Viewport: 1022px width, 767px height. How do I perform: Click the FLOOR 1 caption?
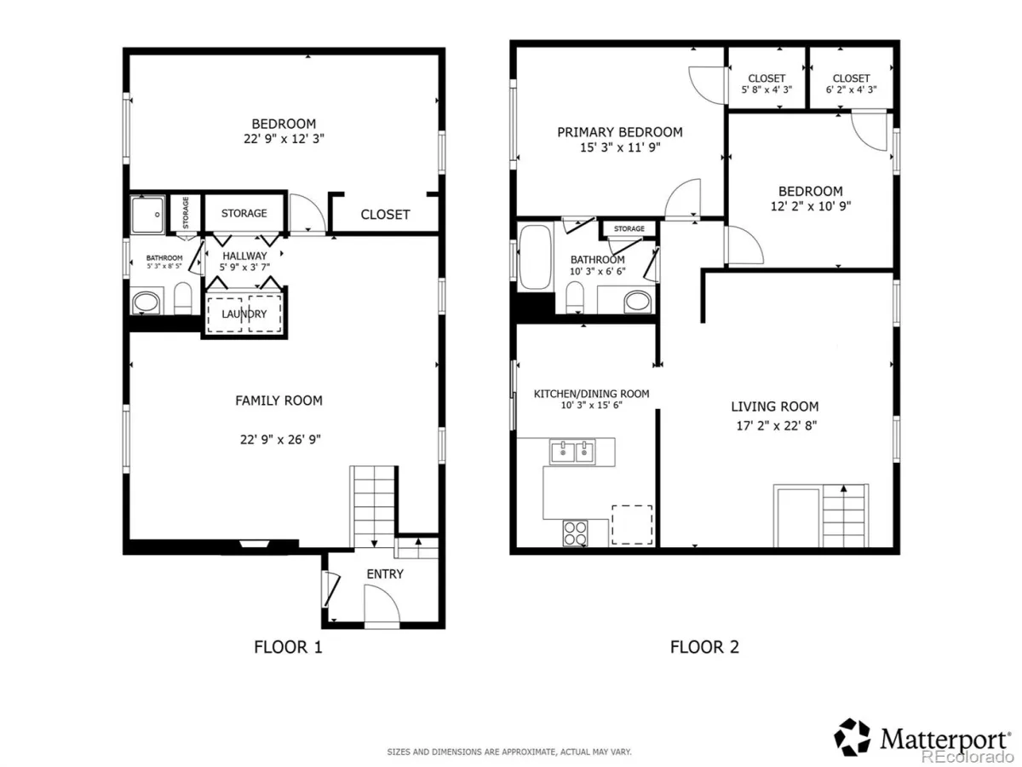(x=288, y=647)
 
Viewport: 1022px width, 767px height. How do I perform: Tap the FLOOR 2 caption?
(x=704, y=647)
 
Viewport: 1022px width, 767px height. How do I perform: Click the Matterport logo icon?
(x=852, y=737)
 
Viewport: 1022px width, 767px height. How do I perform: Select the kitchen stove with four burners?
(x=575, y=533)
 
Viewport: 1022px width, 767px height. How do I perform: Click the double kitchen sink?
(x=572, y=452)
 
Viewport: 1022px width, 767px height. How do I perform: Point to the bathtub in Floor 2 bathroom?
(x=535, y=257)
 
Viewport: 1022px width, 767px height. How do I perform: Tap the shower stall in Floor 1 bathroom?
(x=147, y=215)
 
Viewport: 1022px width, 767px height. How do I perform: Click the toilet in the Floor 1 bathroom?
(x=182, y=298)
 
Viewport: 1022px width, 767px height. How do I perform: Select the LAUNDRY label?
(x=244, y=314)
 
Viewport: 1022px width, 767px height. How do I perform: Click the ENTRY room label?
(x=385, y=574)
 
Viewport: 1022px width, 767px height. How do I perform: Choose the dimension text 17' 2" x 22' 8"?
(x=776, y=425)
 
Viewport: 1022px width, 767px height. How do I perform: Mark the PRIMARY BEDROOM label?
(x=620, y=132)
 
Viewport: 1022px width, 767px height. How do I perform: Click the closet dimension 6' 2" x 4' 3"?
(x=851, y=89)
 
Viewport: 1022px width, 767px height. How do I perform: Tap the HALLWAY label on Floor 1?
(x=244, y=256)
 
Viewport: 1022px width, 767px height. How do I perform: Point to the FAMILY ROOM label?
(x=278, y=401)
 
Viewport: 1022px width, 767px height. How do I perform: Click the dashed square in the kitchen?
(x=632, y=525)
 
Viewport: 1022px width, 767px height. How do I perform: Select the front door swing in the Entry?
(x=382, y=603)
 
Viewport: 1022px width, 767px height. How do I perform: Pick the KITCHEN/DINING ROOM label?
(x=591, y=394)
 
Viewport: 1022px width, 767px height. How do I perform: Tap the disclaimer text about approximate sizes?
(x=509, y=752)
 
